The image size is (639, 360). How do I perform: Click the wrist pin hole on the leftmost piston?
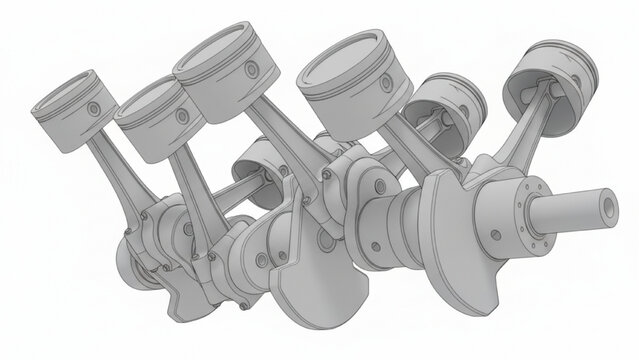click(x=93, y=108)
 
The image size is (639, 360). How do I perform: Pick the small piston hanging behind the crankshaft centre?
click(x=262, y=160)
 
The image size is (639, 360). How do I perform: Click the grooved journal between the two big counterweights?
click(x=395, y=215)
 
